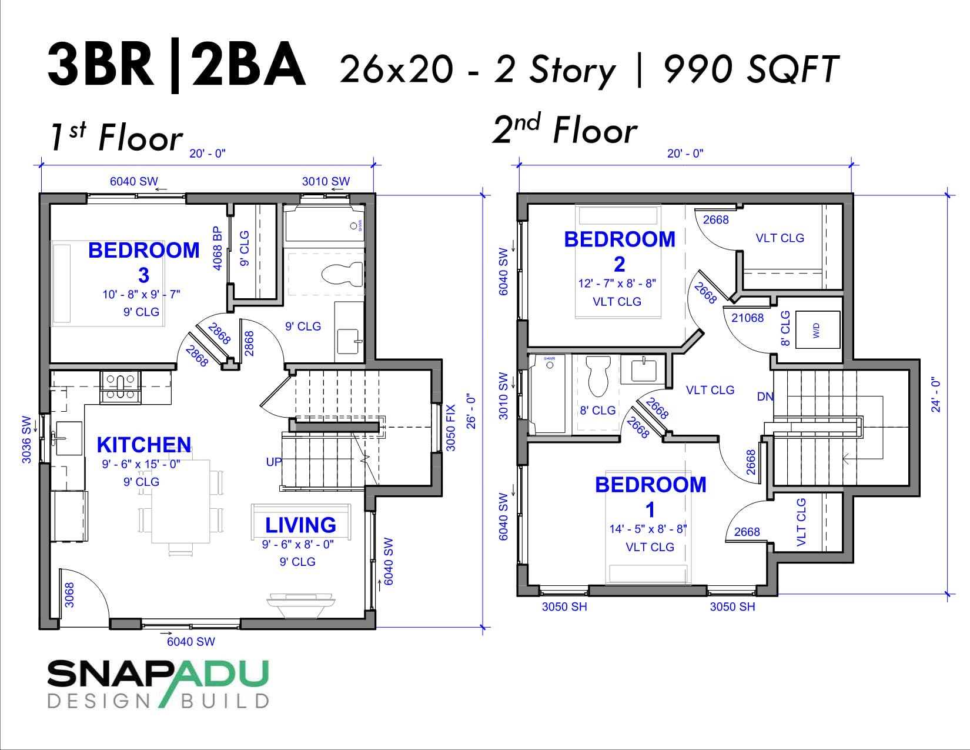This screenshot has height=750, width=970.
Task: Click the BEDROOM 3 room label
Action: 143,262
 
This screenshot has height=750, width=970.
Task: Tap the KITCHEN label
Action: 143,445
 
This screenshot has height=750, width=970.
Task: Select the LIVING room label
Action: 300,525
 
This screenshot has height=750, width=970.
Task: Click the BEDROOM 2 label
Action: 620,251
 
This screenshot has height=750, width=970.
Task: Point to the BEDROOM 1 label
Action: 650,496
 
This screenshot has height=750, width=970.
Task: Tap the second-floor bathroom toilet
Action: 599,376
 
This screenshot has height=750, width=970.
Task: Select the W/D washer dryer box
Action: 817,330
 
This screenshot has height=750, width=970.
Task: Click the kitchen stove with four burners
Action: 121,386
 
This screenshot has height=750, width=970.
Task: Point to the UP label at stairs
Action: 274,462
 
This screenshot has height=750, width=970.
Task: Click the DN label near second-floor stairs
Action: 765,396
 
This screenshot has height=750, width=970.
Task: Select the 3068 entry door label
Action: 69,595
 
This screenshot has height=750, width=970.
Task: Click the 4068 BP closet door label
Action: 218,249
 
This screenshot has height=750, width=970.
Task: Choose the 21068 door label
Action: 747,318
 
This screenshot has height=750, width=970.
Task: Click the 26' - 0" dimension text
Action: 471,411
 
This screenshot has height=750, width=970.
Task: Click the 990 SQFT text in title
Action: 751,69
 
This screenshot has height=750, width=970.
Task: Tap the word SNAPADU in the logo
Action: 158,675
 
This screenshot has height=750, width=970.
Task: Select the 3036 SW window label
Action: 26,439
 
